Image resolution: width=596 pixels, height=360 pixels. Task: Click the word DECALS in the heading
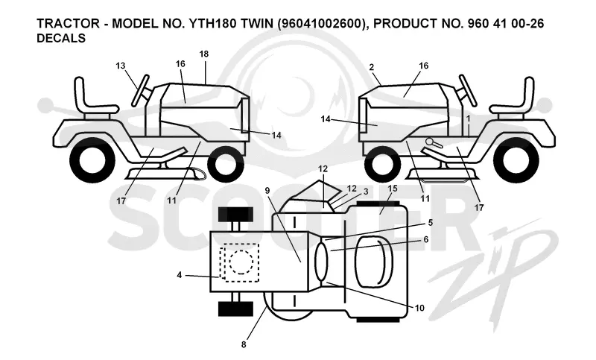[x=61, y=39]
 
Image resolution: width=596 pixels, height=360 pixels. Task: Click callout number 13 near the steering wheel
[x=121, y=66]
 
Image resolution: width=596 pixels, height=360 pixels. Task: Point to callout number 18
[x=204, y=54]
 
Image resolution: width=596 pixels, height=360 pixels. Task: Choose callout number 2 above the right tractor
[x=371, y=67]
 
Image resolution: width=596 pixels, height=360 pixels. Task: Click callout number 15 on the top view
[x=393, y=189]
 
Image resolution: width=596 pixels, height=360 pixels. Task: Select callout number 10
[x=419, y=308]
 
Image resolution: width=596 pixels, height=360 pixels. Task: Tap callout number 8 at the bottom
[x=244, y=345]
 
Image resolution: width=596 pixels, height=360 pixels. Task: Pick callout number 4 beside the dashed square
[x=180, y=274]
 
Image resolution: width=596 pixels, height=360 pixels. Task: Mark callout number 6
[x=425, y=239]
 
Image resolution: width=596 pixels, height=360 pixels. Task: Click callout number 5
[x=431, y=222]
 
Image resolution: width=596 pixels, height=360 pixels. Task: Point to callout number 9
[x=267, y=191]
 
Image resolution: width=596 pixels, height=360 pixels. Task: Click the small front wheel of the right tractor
[x=382, y=165]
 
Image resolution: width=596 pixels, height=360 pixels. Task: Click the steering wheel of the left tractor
[x=140, y=91]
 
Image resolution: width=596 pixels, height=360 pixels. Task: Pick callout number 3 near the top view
[x=366, y=192]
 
